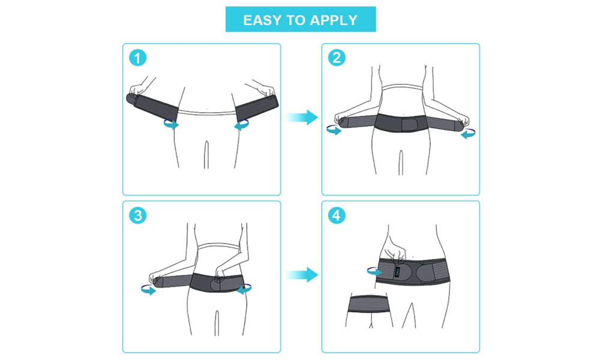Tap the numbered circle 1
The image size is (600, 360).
(x=138, y=58)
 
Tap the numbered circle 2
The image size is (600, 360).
(x=337, y=58)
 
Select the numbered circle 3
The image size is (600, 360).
(x=138, y=216)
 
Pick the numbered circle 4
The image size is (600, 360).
(x=337, y=215)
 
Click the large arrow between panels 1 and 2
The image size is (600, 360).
(x=302, y=117)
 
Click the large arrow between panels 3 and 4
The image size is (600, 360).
(x=302, y=275)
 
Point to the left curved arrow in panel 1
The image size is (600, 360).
(x=171, y=125)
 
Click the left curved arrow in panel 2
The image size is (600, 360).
(x=334, y=130)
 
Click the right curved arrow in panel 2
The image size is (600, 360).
(x=468, y=134)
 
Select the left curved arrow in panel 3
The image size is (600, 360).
(x=148, y=290)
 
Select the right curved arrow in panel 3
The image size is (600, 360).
(x=244, y=290)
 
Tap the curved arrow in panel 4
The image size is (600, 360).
(x=374, y=272)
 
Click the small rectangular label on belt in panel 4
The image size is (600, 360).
(x=397, y=272)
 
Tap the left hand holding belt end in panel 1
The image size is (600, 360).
(x=138, y=90)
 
